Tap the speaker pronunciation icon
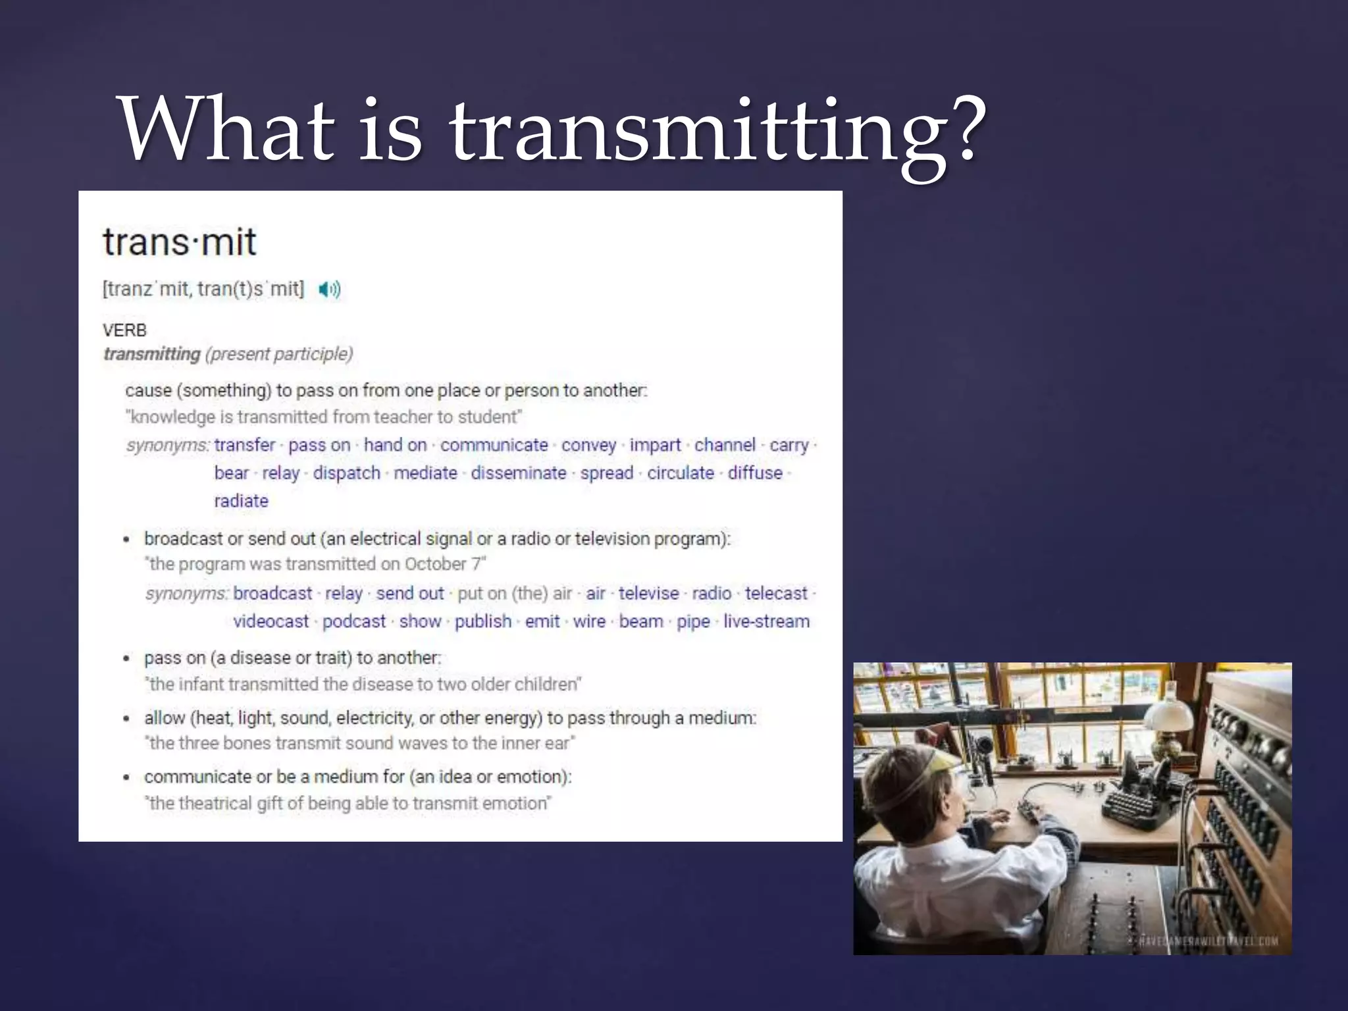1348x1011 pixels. tap(329, 290)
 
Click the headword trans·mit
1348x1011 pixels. tap(179, 242)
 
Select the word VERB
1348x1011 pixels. tap(124, 330)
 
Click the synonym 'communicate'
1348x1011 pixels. tap(494, 445)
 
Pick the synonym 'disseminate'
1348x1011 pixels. tap(518, 473)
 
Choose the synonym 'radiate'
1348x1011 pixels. tap(241, 501)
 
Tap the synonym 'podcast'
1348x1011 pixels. tap(353, 621)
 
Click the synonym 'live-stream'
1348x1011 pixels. tap(766, 621)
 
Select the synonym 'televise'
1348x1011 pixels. tap(648, 593)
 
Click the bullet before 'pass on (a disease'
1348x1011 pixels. tap(126, 658)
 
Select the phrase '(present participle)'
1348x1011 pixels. tap(279, 354)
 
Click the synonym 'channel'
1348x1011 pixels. tap(725, 445)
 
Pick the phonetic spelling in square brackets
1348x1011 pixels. tap(203, 290)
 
